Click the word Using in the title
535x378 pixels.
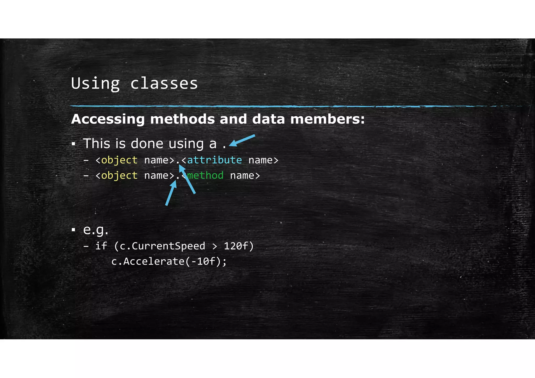95,84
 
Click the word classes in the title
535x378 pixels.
164,84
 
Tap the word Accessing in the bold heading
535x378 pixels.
108,119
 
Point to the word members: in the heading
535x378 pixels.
327,119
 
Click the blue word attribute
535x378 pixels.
214,160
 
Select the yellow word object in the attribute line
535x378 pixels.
119,160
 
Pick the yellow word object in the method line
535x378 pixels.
119,175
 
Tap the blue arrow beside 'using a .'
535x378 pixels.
242,140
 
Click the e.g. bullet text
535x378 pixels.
96,230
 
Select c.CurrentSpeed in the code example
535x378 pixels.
162,246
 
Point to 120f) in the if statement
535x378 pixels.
239,246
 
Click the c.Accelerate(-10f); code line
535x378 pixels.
169,261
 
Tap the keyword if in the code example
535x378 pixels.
101,246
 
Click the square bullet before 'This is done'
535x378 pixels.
74,144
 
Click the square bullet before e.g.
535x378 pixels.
74,230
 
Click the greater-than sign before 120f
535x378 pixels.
214,246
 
